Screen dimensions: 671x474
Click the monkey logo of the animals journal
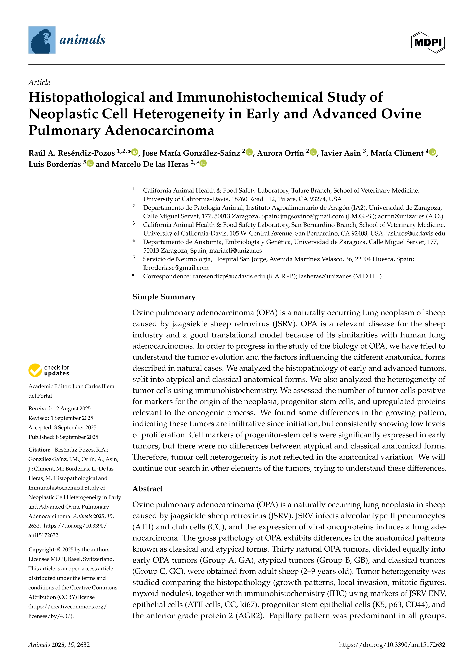pyautogui.click(x=42, y=40)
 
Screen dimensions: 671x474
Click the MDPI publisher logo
pyautogui.click(x=428, y=42)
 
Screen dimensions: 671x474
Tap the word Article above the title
pyautogui.click(x=39, y=82)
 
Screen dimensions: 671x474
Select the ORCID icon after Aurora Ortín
pyautogui.click(x=313, y=152)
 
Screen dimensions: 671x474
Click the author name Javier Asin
pyautogui.click(x=341, y=153)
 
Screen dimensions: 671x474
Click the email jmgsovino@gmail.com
pyautogui.click(x=312, y=216)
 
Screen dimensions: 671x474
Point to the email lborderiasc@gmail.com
pyautogui.click(x=176, y=268)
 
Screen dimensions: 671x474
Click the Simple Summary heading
pyautogui.click(x=164, y=297)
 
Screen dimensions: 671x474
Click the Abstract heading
pyautogui.click(x=147, y=489)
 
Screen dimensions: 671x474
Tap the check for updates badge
pyautogui.click(x=49, y=370)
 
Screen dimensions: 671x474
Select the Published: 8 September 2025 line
pyautogui.click(x=63, y=437)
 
